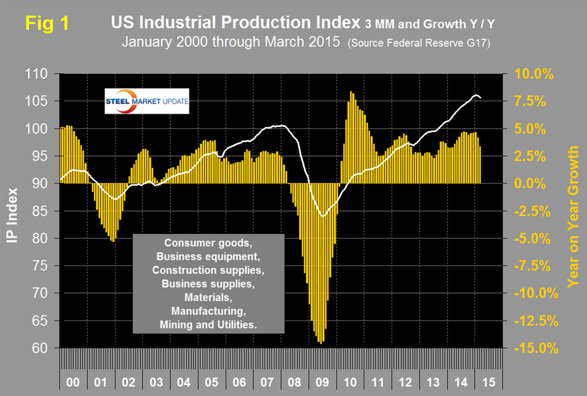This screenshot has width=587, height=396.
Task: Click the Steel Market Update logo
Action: click(x=147, y=101)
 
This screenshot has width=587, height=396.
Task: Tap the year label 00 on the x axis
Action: click(x=73, y=381)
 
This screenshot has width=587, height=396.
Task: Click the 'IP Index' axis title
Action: click(x=14, y=211)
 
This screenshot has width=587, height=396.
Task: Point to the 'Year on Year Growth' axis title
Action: click(x=573, y=216)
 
